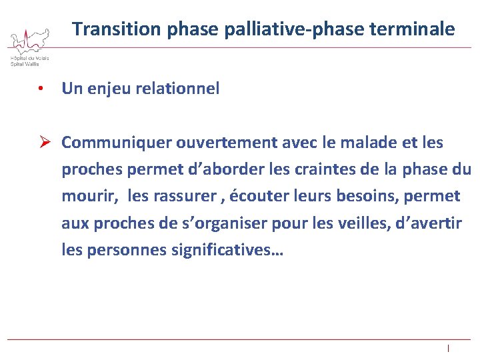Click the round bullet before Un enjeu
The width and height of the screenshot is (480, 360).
pyautogui.click(x=41, y=89)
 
